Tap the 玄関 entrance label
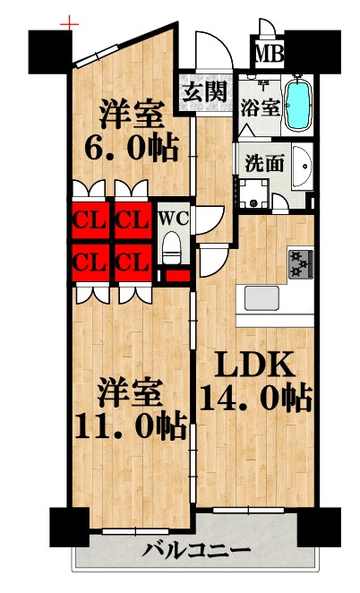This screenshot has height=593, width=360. pyautogui.click(x=206, y=90)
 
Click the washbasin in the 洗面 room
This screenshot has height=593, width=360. pyautogui.click(x=302, y=166)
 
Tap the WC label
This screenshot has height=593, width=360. pyautogui.click(x=172, y=218)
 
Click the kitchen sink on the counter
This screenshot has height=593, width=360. pyautogui.click(x=262, y=298)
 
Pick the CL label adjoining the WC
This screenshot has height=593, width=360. pyautogui.click(x=131, y=218)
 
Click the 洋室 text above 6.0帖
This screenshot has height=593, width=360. pyautogui.click(x=131, y=115)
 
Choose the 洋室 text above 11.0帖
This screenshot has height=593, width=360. pyautogui.click(x=131, y=392)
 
